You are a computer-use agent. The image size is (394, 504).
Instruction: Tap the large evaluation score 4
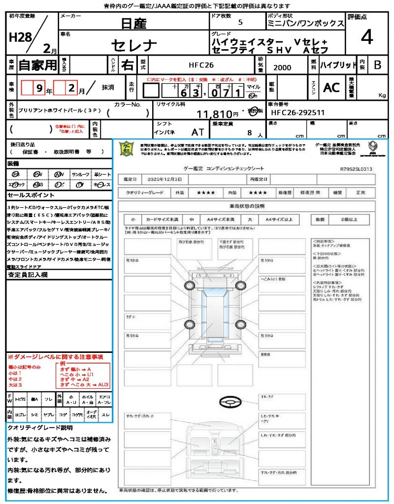click(366, 37)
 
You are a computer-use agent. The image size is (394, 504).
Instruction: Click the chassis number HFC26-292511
click(296, 113)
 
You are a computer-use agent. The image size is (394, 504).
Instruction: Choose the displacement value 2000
click(282, 68)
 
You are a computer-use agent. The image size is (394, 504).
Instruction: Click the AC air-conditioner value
click(331, 88)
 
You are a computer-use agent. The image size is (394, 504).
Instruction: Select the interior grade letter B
click(377, 65)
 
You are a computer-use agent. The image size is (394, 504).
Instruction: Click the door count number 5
click(240, 23)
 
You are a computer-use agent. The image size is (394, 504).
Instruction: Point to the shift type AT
click(197, 132)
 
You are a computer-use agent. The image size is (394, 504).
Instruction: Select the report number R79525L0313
click(356, 169)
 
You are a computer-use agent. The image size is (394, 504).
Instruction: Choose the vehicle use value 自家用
click(37, 64)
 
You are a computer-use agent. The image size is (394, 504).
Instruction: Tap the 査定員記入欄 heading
click(28, 275)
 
